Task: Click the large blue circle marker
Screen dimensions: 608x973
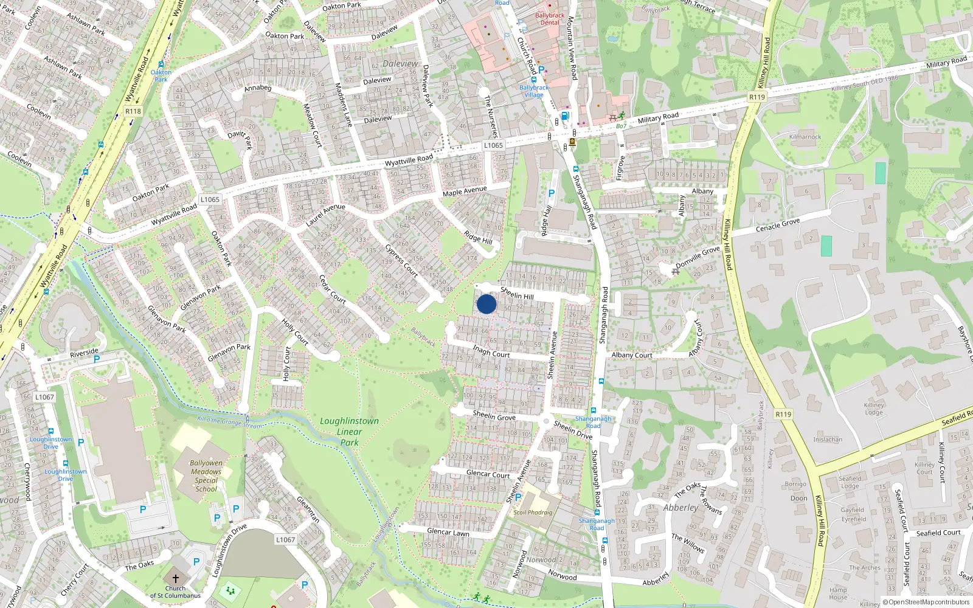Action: point(486,304)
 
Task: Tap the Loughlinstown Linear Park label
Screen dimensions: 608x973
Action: point(349,432)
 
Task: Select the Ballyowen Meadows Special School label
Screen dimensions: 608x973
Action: point(206,476)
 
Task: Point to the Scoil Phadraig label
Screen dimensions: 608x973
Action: point(533,513)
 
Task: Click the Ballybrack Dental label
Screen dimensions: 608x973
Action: point(550,19)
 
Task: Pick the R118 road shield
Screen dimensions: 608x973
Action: point(133,111)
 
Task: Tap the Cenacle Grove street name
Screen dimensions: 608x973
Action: point(778,224)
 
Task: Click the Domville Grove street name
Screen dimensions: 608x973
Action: point(698,257)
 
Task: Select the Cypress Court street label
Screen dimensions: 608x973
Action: point(401,261)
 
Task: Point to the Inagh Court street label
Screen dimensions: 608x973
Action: point(491,351)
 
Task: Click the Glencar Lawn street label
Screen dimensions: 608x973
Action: point(448,532)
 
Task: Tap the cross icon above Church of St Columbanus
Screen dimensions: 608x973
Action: point(176,579)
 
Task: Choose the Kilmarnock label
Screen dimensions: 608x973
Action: point(805,137)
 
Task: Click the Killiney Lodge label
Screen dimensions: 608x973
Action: point(874,409)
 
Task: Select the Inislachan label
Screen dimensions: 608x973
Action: point(828,440)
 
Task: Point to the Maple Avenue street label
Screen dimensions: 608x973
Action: point(465,192)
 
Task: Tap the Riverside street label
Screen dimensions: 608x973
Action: point(84,353)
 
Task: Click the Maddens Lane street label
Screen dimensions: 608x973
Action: point(344,105)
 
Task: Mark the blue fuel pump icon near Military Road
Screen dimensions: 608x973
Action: point(565,116)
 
